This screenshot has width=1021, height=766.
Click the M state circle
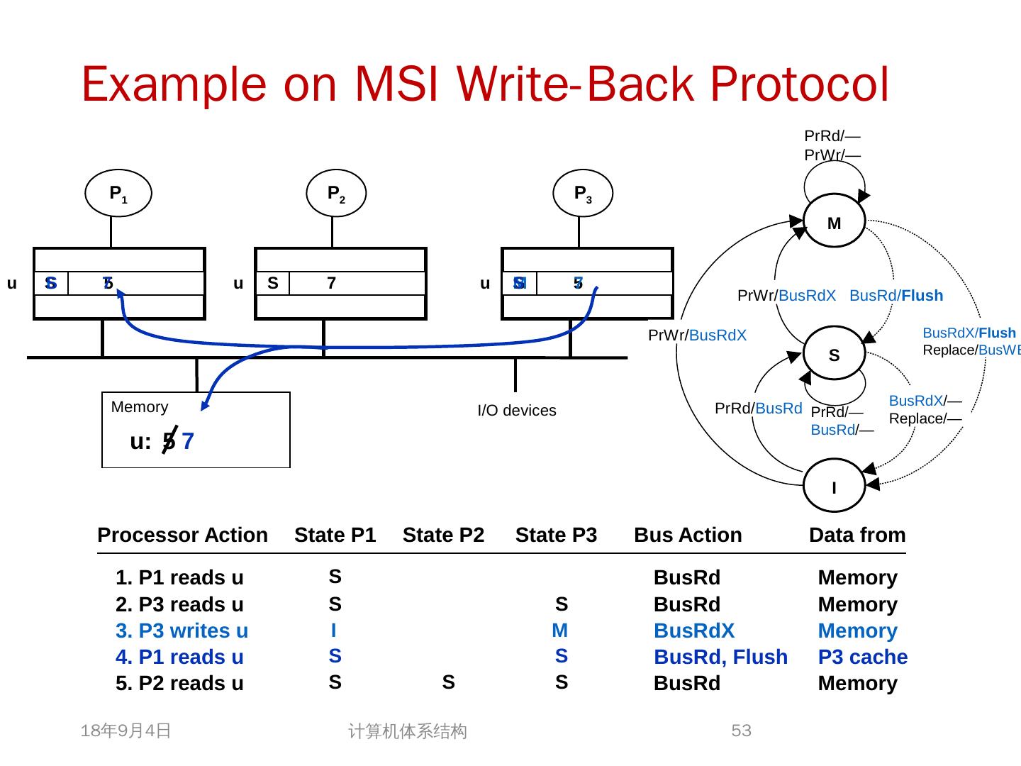point(835,223)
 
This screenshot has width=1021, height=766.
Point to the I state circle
point(835,487)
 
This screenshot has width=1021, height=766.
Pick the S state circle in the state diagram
point(835,355)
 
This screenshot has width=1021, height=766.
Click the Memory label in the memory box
point(140,407)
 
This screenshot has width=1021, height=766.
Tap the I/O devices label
point(517,411)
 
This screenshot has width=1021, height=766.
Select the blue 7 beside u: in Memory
point(188,442)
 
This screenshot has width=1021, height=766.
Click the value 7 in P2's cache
point(331,284)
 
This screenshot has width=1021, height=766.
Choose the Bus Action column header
point(688,535)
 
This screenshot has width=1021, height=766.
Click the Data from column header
point(857,535)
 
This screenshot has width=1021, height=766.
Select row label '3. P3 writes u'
point(182,631)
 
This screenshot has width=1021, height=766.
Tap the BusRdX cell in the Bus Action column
point(694,631)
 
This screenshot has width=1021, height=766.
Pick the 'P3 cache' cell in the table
point(862,657)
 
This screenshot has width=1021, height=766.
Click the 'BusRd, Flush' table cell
point(720,657)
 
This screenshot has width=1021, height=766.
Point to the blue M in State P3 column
point(559,630)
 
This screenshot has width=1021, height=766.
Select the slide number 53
point(741,731)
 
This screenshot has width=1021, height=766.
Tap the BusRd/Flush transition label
point(896,296)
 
